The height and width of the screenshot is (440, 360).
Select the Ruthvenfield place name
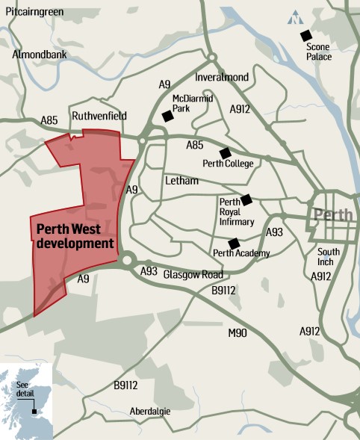99,116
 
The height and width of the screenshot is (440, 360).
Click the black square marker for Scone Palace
305,35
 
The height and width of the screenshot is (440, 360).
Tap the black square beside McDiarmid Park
167,116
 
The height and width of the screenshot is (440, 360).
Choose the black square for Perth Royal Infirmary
246,199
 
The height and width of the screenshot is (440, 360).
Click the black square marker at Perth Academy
233,243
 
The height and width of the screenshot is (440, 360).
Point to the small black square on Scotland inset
34,410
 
